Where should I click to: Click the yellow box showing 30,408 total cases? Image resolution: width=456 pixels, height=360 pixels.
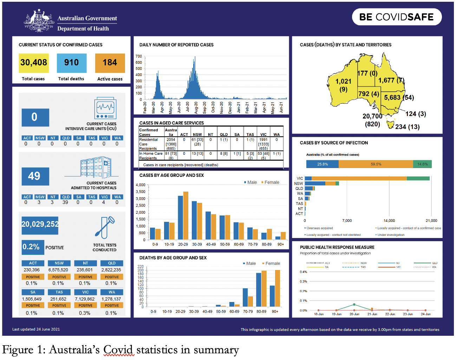coord(34,63)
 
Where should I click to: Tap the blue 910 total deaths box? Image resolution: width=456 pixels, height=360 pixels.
coord(72,63)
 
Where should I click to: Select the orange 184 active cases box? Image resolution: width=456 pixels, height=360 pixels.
coord(110,63)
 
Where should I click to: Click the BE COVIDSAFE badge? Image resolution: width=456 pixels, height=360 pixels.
coord(397,17)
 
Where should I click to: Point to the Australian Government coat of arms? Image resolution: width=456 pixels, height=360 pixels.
coord(39,22)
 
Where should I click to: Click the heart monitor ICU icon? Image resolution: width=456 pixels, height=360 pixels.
coord(105,108)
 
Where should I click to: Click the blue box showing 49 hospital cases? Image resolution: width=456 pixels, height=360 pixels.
coord(35,176)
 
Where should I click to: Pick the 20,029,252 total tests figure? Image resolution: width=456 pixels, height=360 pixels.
coord(40,224)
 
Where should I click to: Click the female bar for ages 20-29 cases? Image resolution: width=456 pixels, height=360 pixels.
coord(186,216)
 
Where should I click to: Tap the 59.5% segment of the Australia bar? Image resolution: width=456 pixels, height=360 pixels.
coord(376,164)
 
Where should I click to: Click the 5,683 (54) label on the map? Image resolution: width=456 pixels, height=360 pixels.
coord(399,98)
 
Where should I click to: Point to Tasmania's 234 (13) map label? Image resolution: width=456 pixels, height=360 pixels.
coord(407,127)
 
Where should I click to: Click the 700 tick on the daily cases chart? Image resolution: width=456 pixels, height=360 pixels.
coord(139,56)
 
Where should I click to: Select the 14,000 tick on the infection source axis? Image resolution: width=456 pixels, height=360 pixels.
coord(389,221)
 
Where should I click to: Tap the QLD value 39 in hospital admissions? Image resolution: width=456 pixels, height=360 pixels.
coord(65,202)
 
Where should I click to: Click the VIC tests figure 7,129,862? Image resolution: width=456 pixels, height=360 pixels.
coord(85,299)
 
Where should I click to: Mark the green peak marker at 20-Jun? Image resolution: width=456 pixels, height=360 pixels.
coord(354,304)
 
